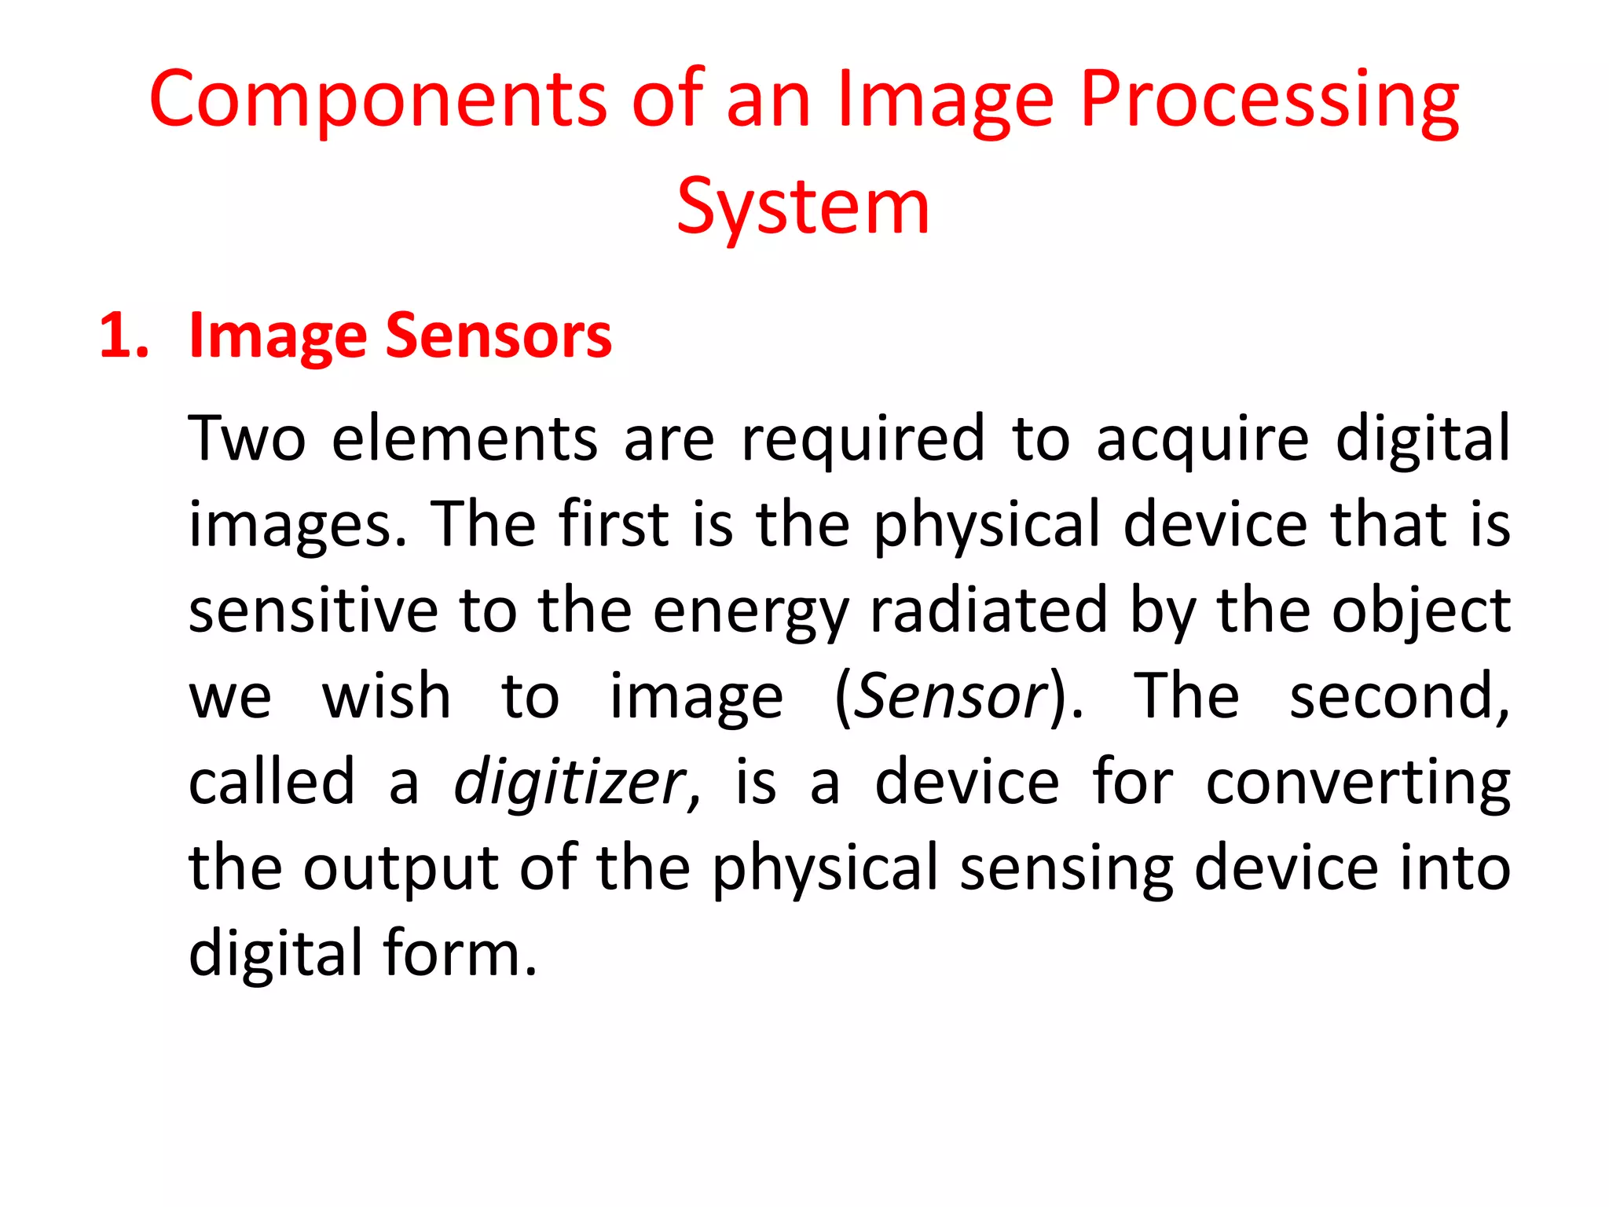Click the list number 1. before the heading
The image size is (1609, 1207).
[124, 336]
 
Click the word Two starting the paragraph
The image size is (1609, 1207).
[247, 438]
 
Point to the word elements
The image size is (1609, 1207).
[465, 438]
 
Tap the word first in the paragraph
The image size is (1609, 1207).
[614, 524]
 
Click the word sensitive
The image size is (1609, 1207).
[313, 611]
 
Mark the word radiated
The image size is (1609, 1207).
[988, 611]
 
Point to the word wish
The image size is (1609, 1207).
[387, 696]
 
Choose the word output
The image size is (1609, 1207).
[401, 869]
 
